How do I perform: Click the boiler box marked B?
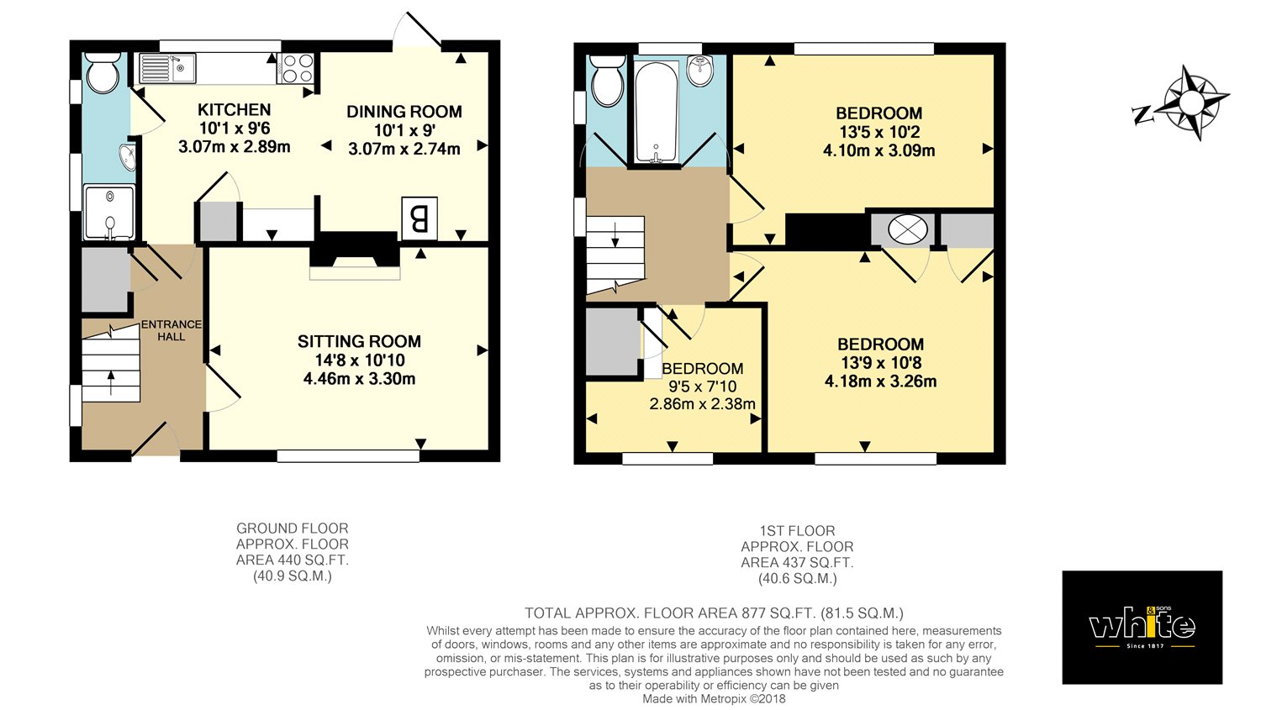pos(419,218)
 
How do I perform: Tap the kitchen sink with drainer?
pos(167,68)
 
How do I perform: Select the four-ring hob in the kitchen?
pos(297,68)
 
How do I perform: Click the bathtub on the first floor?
pos(655,112)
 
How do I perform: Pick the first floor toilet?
pos(607,81)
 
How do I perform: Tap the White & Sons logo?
pos(1142,628)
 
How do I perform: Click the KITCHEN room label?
pos(234,110)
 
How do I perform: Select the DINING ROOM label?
pos(404,112)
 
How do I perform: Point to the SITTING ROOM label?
pos(359,341)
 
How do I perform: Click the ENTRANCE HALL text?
pos(171,330)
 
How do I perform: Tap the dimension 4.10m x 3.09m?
pos(878,150)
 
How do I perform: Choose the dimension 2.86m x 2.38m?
pos(702,404)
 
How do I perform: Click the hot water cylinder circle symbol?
pos(907,229)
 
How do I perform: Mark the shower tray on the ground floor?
pos(109,212)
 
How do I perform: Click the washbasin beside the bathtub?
pos(699,71)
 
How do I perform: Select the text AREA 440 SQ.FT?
pos(293,560)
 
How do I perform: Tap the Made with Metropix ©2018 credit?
pos(714,699)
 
